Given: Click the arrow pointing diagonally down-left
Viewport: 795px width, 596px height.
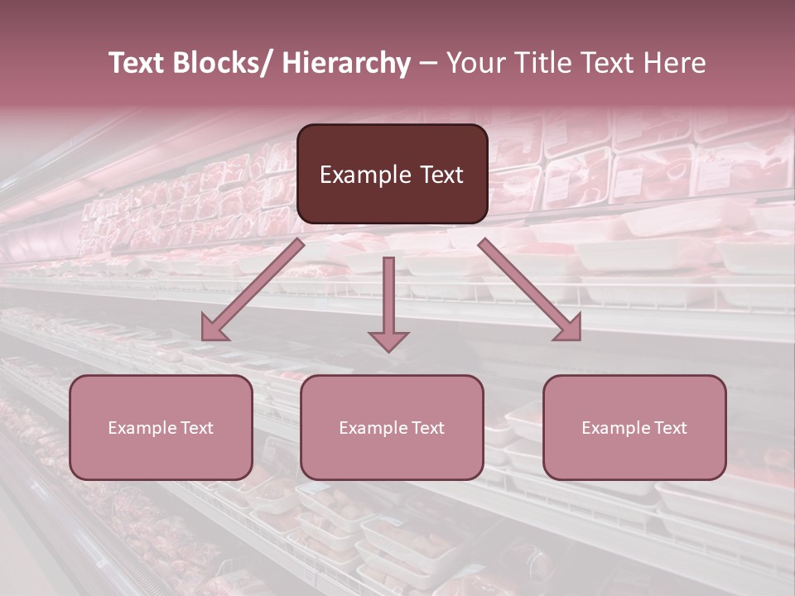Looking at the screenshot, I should coord(253,290).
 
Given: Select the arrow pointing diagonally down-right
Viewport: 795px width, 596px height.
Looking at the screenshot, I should coord(530,290).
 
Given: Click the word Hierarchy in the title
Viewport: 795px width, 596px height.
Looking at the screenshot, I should coord(346,63).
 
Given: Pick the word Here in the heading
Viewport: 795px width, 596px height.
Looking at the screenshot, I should coord(674,63).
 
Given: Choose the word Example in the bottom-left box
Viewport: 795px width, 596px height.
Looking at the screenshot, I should coord(142,428).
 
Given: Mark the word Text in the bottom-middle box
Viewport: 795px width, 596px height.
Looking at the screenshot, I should coord(427,428).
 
